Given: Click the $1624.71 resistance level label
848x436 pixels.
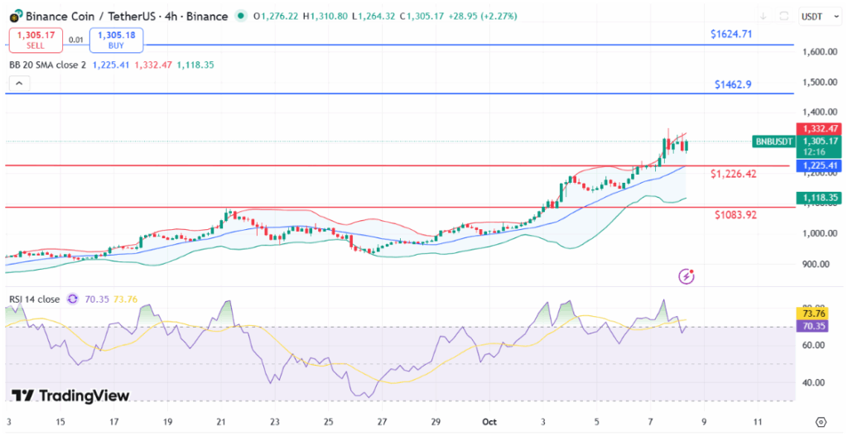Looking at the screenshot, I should [731, 34].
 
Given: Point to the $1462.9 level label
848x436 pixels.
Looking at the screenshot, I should [734, 84].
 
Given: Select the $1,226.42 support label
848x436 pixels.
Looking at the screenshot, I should [735, 175].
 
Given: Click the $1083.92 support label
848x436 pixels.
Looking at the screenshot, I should [736, 215].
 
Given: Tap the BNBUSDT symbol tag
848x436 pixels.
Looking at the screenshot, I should [773, 142].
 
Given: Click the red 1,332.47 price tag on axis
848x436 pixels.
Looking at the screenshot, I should [820, 129].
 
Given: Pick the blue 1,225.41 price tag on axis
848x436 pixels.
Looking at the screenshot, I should [820, 165].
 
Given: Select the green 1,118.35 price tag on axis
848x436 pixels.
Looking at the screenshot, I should [820, 198].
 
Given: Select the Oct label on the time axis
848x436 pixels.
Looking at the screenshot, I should [489, 421].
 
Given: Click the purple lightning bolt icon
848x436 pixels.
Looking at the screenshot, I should [686, 276].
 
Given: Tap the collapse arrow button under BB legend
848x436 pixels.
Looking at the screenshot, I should [18, 84].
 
